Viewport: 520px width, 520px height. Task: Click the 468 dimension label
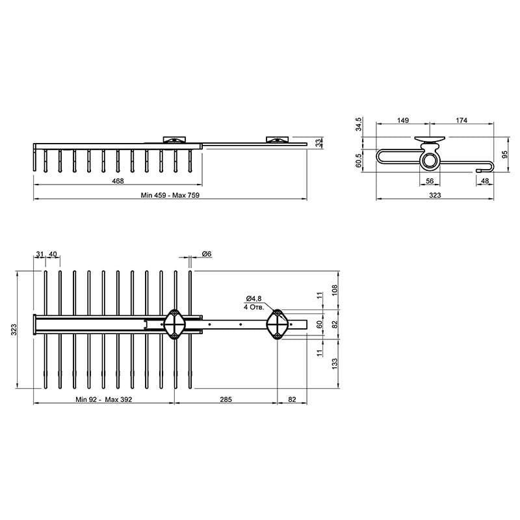118,181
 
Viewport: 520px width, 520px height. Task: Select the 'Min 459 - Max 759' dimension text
170,196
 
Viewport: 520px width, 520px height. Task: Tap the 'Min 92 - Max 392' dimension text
104,400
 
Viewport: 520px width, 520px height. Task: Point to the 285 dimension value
226,400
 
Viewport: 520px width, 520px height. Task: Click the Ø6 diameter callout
207,254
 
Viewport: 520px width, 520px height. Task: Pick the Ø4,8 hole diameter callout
253,298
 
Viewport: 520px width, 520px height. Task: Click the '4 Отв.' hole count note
254,307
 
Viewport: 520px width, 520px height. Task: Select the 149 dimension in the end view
403,120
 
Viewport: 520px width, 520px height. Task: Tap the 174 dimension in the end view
461,120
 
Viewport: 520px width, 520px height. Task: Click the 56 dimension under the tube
430,181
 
